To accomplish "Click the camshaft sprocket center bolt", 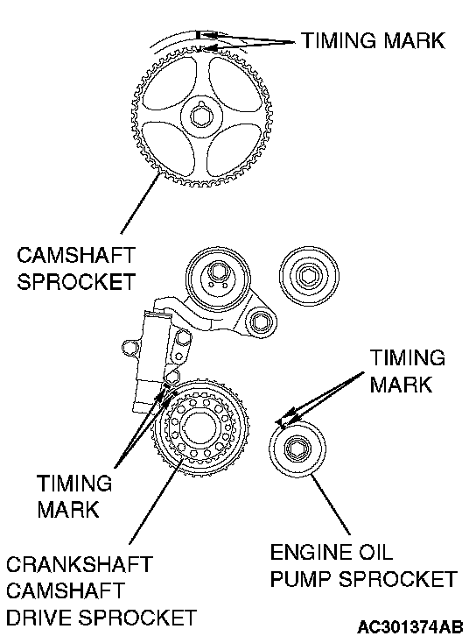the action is [x=201, y=117].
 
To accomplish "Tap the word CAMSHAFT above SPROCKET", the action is [x=75, y=255].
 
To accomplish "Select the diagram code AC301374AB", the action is [x=410, y=626].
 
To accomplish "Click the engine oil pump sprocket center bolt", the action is [x=297, y=449].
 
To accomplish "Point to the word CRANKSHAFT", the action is [x=80, y=564].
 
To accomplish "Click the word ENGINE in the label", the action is [x=311, y=552].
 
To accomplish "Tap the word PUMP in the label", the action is [x=301, y=579].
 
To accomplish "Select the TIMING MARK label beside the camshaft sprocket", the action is [x=373, y=40].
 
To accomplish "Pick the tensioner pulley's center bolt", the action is [x=217, y=271].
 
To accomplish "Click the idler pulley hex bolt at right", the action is [x=309, y=276].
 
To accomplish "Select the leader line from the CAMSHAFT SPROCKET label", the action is [x=139, y=203].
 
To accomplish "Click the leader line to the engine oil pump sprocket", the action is [x=329, y=505].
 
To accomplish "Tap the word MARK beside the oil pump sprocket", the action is [x=401, y=384].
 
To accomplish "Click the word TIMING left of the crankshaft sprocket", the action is [x=74, y=484].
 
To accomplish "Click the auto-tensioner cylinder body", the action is [x=151, y=362].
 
